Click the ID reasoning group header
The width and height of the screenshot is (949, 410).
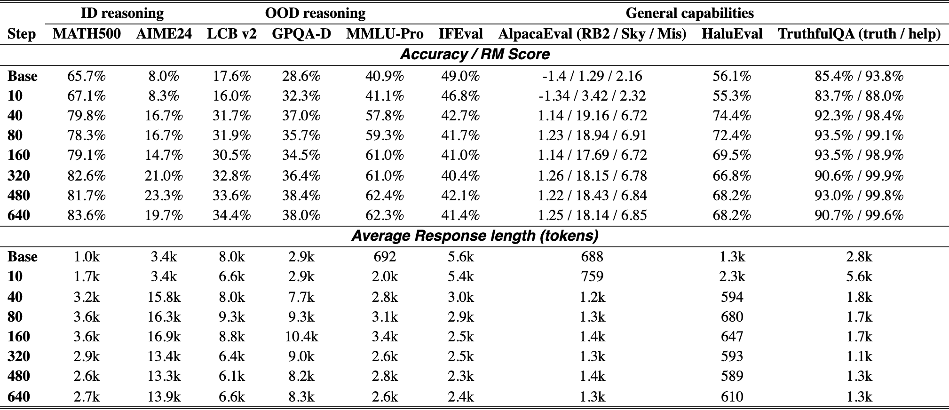click(122, 13)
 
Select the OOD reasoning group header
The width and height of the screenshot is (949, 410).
click(315, 13)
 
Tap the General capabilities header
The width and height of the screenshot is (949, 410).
click(689, 13)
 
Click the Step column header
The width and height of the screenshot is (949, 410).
click(22, 34)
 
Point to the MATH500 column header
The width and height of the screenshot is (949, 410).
click(87, 34)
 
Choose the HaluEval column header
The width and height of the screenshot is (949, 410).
click(732, 34)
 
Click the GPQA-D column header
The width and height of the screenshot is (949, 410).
click(301, 34)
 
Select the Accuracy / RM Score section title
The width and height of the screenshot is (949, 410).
click(474, 55)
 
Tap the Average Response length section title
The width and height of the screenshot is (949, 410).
click(474, 235)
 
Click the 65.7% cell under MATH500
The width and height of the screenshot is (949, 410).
click(87, 76)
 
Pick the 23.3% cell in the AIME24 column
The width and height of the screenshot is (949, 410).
click(164, 196)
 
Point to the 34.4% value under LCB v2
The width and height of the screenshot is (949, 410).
click(231, 215)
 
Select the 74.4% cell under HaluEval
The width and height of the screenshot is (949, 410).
click(732, 116)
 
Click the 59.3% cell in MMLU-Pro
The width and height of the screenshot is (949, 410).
click(385, 135)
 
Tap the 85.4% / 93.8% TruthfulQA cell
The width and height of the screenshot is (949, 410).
click(859, 76)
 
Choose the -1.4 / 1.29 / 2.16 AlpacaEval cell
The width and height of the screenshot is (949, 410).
click(592, 76)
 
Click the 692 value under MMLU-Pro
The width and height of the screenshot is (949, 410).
click(385, 257)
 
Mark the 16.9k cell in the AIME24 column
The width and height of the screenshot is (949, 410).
click(164, 337)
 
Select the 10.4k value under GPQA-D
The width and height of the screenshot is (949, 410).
click(301, 337)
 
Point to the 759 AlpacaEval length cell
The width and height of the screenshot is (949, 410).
click(592, 276)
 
